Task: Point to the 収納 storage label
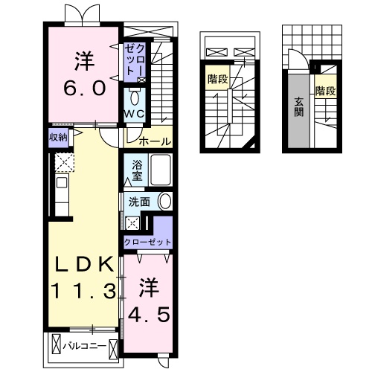(59, 137)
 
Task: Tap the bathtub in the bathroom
(160, 170)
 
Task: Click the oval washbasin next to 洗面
(164, 201)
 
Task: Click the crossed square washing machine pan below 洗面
(132, 222)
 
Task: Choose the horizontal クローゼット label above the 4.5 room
(147, 242)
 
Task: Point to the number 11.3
(83, 290)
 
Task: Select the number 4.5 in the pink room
(150, 300)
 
